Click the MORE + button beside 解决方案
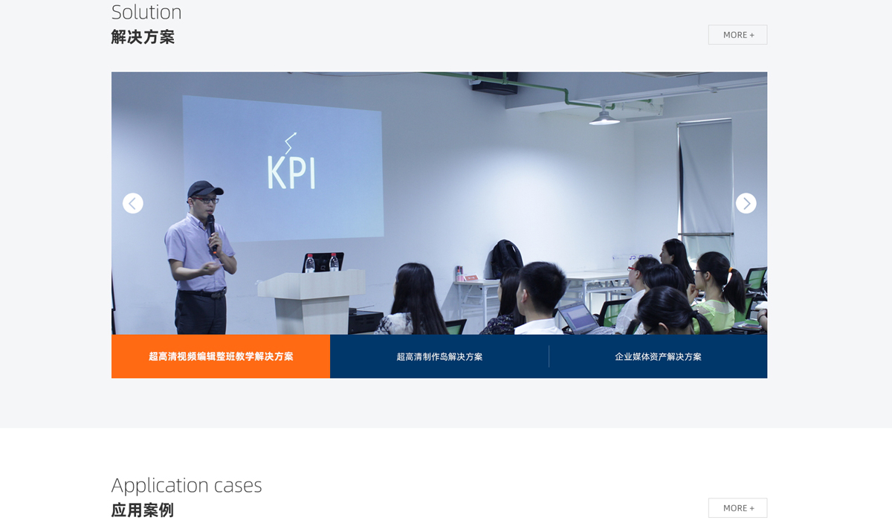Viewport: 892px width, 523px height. coord(737,35)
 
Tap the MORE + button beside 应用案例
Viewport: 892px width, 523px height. coord(737,508)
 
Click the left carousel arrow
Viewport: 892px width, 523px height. coord(132,203)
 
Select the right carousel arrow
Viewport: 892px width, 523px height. coord(746,203)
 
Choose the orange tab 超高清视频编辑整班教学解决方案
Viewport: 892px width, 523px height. coord(221,356)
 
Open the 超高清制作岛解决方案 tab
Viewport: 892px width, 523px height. coord(439,356)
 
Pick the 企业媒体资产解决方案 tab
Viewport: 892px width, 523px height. coord(658,356)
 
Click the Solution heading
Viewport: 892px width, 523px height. coord(146,12)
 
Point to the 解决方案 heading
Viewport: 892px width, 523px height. coord(143,37)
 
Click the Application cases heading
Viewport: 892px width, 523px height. coord(187,485)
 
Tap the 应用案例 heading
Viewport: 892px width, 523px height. coord(143,510)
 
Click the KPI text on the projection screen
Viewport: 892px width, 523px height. coord(291,172)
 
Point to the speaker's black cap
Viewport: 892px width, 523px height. coord(204,189)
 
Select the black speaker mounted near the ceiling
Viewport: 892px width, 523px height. coord(494,83)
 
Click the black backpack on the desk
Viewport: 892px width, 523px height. coord(506,259)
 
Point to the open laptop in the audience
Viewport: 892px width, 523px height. coord(576,318)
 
